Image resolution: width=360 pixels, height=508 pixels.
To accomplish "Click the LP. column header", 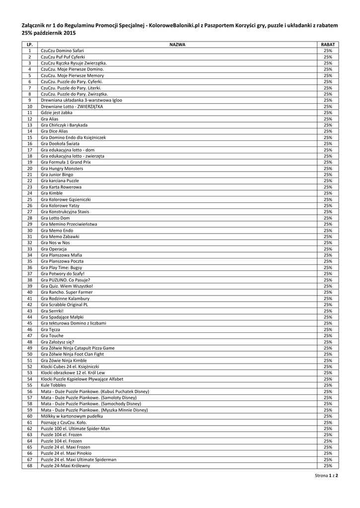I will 29,45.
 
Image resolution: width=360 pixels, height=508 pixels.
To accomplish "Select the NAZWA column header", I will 177,45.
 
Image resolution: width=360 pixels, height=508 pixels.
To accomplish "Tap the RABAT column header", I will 328,45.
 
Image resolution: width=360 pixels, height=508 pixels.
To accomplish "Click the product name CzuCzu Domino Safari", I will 62,51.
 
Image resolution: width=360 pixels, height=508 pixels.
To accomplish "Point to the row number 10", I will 29,107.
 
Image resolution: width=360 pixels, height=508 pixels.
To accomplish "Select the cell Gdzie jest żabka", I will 57,113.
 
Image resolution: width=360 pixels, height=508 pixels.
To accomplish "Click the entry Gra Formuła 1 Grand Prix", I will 66,162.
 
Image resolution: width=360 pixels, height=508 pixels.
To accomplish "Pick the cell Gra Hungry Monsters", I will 62,169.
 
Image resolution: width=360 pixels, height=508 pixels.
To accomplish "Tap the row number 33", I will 29,249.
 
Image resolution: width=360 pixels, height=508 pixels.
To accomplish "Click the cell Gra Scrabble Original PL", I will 65,305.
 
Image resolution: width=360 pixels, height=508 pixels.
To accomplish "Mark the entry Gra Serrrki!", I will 52,311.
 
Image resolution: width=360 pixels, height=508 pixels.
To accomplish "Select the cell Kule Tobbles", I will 54,385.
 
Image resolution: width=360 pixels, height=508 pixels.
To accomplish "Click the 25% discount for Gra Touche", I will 328,336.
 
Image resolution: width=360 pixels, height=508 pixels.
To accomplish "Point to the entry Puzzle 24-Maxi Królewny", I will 66,466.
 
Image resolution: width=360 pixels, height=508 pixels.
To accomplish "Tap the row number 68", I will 29,466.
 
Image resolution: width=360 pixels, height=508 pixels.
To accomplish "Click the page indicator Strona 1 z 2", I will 326,476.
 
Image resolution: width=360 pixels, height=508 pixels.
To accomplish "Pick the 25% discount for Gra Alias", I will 328,119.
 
